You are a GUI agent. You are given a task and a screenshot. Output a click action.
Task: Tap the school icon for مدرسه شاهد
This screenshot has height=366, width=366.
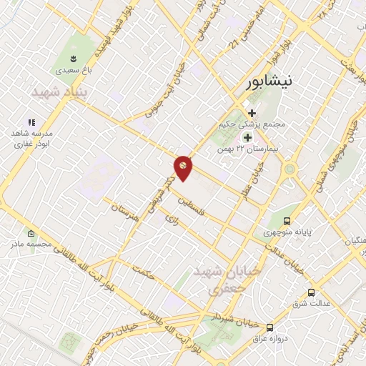(x=31, y=122)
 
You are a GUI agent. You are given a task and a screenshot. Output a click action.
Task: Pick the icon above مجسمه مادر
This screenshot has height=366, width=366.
(x=31, y=234)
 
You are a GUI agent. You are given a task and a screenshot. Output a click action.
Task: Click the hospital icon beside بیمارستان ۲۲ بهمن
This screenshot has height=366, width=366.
(x=248, y=137)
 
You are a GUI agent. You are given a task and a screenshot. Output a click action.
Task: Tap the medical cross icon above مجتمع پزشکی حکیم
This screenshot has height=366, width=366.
(x=252, y=112)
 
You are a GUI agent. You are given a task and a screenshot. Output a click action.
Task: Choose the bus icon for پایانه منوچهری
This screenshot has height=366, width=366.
(x=287, y=222)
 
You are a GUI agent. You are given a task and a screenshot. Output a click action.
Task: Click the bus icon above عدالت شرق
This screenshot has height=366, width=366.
(x=311, y=292)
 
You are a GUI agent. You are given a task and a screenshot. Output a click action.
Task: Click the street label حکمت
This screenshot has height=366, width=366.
(x=144, y=272)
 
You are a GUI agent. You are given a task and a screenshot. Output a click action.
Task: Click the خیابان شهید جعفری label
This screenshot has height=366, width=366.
(x=218, y=280)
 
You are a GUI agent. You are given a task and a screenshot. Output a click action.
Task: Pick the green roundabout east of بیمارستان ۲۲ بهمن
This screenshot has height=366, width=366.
(x=290, y=170)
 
